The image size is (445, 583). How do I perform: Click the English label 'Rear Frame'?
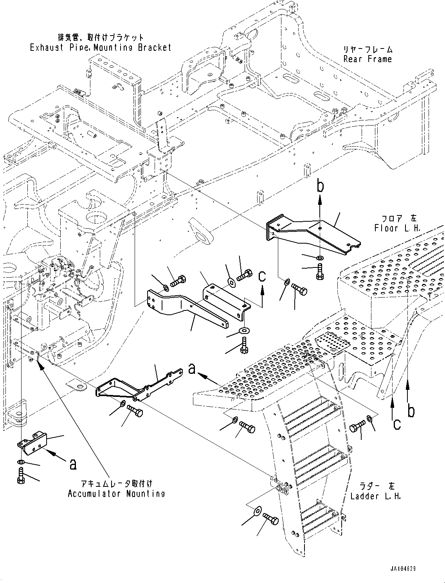(367, 59)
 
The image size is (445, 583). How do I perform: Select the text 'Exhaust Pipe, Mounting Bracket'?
(101, 48)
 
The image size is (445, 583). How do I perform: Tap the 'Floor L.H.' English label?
(397, 228)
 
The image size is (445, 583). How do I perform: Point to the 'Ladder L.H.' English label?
(375, 496)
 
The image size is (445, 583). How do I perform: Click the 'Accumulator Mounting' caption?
(116, 493)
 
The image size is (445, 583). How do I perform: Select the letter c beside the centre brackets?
(262, 276)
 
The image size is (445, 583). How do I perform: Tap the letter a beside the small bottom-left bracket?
(72, 464)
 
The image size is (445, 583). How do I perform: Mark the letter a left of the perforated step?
(191, 369)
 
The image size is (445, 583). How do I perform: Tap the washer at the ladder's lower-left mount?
(258, 511)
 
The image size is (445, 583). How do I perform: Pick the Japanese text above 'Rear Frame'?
(368, 50)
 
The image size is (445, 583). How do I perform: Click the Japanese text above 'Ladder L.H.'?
(375, 486)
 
